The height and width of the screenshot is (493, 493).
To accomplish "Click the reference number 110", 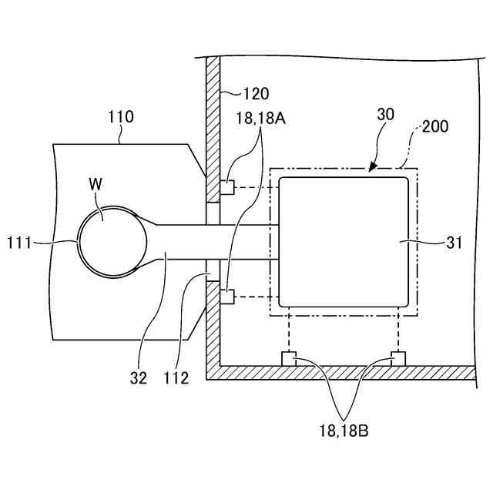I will click(120, 117).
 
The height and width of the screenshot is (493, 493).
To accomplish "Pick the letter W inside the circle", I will click(96, 185).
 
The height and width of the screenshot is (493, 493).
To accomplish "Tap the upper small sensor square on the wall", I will click(227, 187).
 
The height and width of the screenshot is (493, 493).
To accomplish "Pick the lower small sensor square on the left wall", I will click(227, 295).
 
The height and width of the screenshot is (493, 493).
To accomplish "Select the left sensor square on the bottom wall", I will click(288, 358).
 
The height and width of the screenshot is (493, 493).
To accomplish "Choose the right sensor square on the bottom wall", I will click(397, 358).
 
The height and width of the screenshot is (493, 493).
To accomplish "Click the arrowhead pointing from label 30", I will click(373, 166).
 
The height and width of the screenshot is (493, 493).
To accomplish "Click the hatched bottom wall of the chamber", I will click(339, 373).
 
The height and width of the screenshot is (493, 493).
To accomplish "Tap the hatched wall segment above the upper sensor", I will click(214, 116).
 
